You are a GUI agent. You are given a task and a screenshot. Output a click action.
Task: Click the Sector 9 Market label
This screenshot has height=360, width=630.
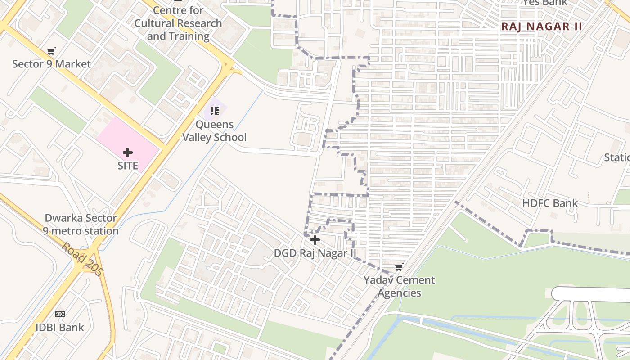tap(51, 64)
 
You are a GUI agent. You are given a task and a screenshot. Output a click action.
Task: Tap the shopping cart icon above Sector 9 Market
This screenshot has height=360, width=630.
tap(51, 51)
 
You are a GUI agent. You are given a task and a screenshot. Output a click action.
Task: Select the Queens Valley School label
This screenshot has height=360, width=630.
tap(214, 131)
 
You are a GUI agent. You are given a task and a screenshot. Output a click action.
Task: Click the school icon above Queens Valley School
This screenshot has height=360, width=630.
tap(214, 111)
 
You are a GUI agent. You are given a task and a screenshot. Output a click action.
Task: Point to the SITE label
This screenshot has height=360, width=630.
tap(128, 166)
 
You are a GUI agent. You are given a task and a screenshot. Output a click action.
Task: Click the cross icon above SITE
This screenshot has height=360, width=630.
tap(128, 153)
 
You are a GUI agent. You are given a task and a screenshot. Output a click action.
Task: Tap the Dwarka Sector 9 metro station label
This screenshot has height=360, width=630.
tap(81, 225)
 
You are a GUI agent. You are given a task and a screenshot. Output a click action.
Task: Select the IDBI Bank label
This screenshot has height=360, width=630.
tap(60, 327)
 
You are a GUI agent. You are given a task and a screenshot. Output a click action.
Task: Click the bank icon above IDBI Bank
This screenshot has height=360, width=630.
tap(60, 314)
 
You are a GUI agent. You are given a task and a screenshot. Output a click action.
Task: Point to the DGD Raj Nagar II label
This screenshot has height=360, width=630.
tap(315, 253)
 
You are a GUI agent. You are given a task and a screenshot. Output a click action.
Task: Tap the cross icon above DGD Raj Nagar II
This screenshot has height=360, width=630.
tap(315, 240)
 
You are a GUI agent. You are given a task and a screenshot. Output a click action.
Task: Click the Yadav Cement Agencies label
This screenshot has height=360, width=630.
tap(399, 286)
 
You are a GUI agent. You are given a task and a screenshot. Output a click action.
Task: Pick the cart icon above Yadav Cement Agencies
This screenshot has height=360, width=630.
tap(399, 268)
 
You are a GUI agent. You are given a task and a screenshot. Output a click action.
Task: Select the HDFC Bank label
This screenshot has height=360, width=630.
tap(550, 203)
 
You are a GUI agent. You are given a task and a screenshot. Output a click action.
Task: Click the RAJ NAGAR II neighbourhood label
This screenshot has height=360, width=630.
tap(542, 27)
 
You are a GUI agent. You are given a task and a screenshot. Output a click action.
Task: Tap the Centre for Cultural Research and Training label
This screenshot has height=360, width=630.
tap(178, 23)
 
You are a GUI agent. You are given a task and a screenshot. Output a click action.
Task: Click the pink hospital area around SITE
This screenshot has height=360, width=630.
tap(112, 135)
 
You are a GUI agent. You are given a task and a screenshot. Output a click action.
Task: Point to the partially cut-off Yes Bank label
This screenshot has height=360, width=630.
tap(544, 3)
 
